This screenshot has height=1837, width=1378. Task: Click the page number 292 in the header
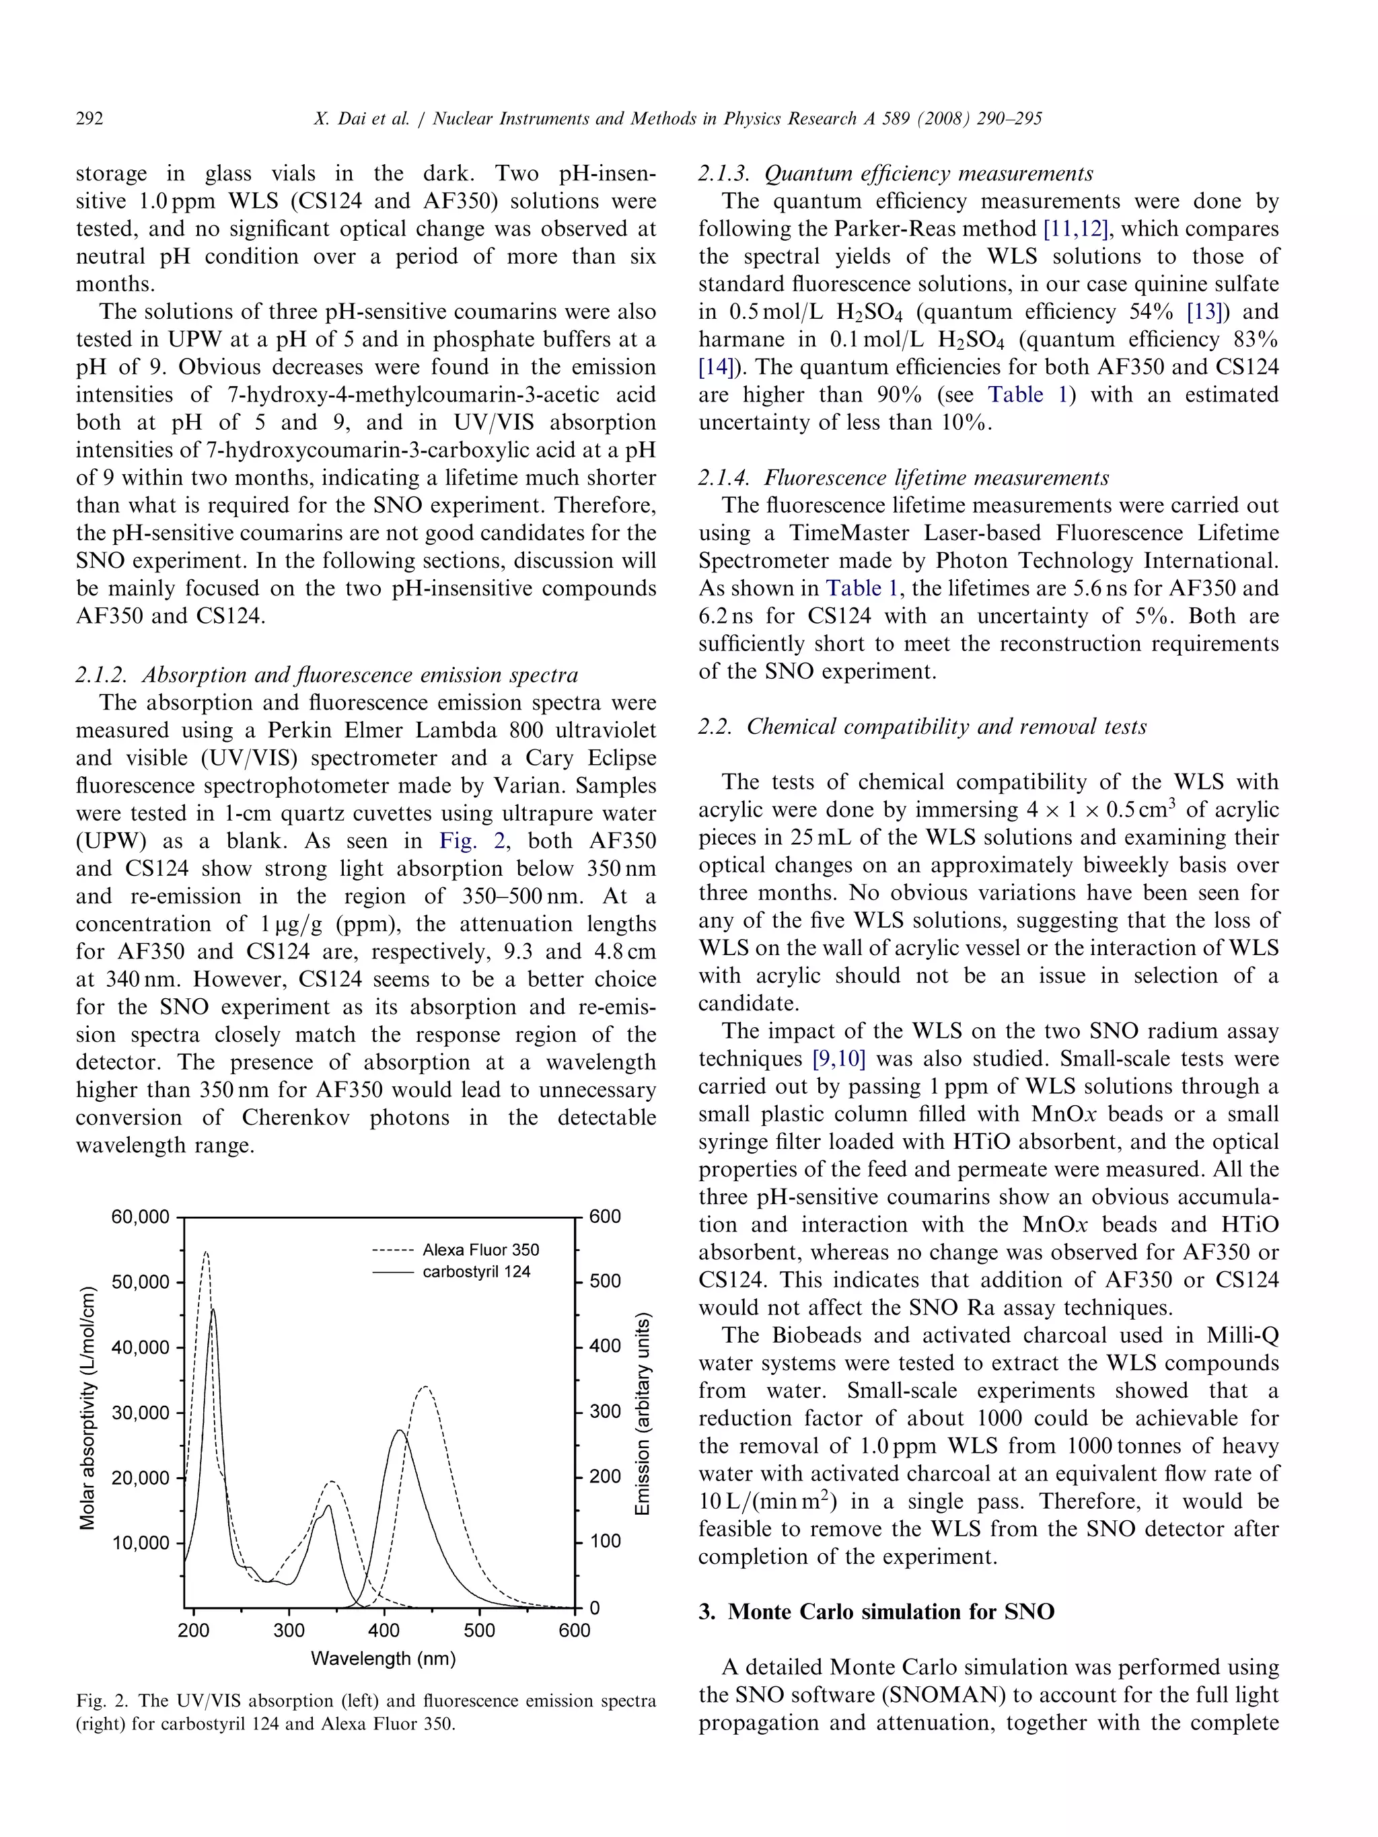[89, 119]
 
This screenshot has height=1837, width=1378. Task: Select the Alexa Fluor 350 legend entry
[480, 1250]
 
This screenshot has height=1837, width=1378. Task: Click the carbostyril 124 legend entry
[476, 1271]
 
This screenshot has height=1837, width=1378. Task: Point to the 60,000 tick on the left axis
[139, 1217]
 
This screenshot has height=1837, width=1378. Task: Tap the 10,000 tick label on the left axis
[139, 1543]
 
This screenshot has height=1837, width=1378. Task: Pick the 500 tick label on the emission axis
[605, 1281]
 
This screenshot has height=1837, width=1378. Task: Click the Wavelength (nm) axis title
[383, 1659]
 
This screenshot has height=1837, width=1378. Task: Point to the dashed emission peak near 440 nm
[425, 1388]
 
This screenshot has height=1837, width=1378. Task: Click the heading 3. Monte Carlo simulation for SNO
[876, 1612]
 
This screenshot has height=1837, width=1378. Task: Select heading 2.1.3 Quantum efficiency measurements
[896, 174]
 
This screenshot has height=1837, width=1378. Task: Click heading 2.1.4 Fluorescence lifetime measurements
[903, 478]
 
